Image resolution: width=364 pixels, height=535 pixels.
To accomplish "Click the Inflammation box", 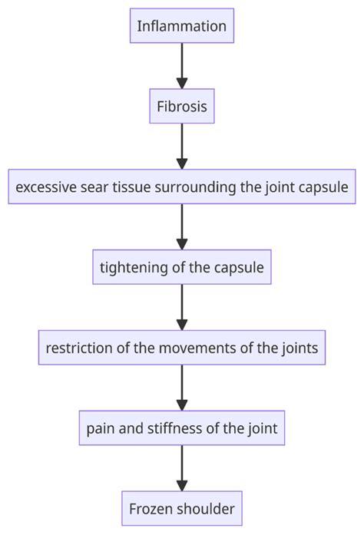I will (x=182, y=26).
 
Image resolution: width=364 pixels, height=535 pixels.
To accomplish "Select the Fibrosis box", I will (x=182, y=107).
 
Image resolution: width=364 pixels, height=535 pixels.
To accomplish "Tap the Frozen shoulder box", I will (x=182, y=508).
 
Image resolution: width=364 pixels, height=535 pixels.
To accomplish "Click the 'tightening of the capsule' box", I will (x=182, y=268).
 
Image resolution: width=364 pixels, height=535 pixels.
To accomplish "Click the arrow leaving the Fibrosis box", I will (x=182, y=147).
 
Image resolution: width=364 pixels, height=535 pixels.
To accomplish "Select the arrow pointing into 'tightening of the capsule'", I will (x=182, y=227).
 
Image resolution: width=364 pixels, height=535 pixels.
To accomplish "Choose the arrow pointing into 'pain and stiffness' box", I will (x=182, y=388).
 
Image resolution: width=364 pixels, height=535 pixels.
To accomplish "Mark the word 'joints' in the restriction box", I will (x=299, y=348).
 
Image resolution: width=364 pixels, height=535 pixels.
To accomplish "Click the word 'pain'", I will (x=101, y=428).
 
